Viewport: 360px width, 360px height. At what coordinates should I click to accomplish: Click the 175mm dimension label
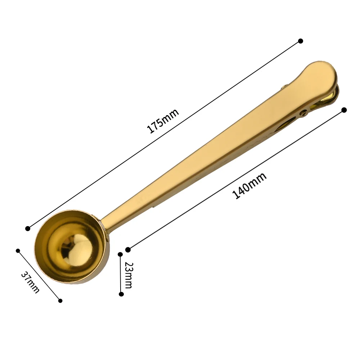tap(163, 121)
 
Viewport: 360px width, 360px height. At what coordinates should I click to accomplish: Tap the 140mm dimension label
tap(249, 185)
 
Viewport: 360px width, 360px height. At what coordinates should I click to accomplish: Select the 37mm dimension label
tap(30, 282)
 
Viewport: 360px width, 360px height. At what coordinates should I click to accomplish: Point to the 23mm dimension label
tap(129, 275)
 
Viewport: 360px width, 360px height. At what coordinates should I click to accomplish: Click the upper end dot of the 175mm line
tap(301, 41)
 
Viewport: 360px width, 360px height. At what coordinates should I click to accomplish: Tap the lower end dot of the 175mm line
tap(28, 229)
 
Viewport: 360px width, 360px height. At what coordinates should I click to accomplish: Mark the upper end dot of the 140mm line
tap(344, 110)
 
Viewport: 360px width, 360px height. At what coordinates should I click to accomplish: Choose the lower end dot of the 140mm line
tap(128, 250)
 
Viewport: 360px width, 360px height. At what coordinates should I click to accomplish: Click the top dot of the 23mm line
tap(120, 254)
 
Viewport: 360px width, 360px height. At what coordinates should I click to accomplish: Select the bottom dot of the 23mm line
tap(121, 294)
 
